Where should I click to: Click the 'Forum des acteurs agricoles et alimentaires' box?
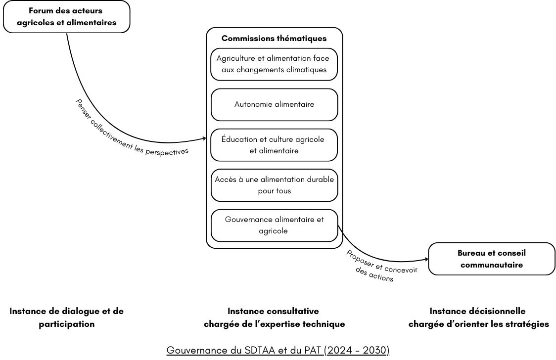point(67,17)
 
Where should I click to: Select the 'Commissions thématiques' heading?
point(274,38)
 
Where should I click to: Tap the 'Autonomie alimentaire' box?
point(274,104)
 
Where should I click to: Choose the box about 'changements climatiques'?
point(274,64)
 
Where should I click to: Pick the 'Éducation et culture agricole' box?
point(274,145)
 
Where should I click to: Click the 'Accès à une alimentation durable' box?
point(274,185)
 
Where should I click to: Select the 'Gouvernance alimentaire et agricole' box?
point(274,225)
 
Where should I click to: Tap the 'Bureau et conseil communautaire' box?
point(492,259)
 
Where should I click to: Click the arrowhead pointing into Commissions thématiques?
point(204,138)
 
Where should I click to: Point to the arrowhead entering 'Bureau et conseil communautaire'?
point(426,260)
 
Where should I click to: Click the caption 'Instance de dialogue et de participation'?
point(67,317)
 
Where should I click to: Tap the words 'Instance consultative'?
point(274,311)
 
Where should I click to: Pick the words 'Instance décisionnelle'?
point(478,311)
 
